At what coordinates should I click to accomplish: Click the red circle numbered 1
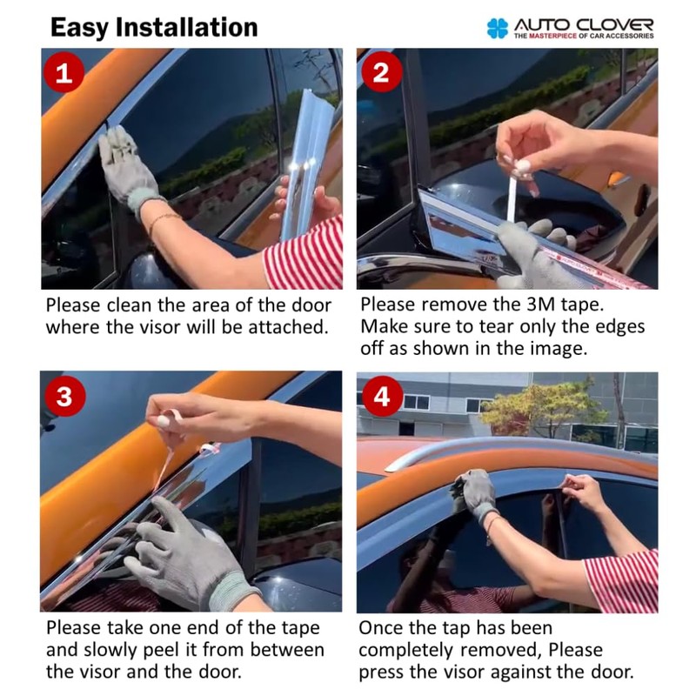point(64,72)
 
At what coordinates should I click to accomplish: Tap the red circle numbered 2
point(382,71)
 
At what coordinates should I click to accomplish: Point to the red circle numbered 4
point(382,396)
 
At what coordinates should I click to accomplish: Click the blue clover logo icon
point(497,28)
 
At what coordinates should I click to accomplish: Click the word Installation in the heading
point(186,28)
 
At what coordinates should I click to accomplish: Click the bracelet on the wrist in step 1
point(164,221)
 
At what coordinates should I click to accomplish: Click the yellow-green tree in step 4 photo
point(546,411)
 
